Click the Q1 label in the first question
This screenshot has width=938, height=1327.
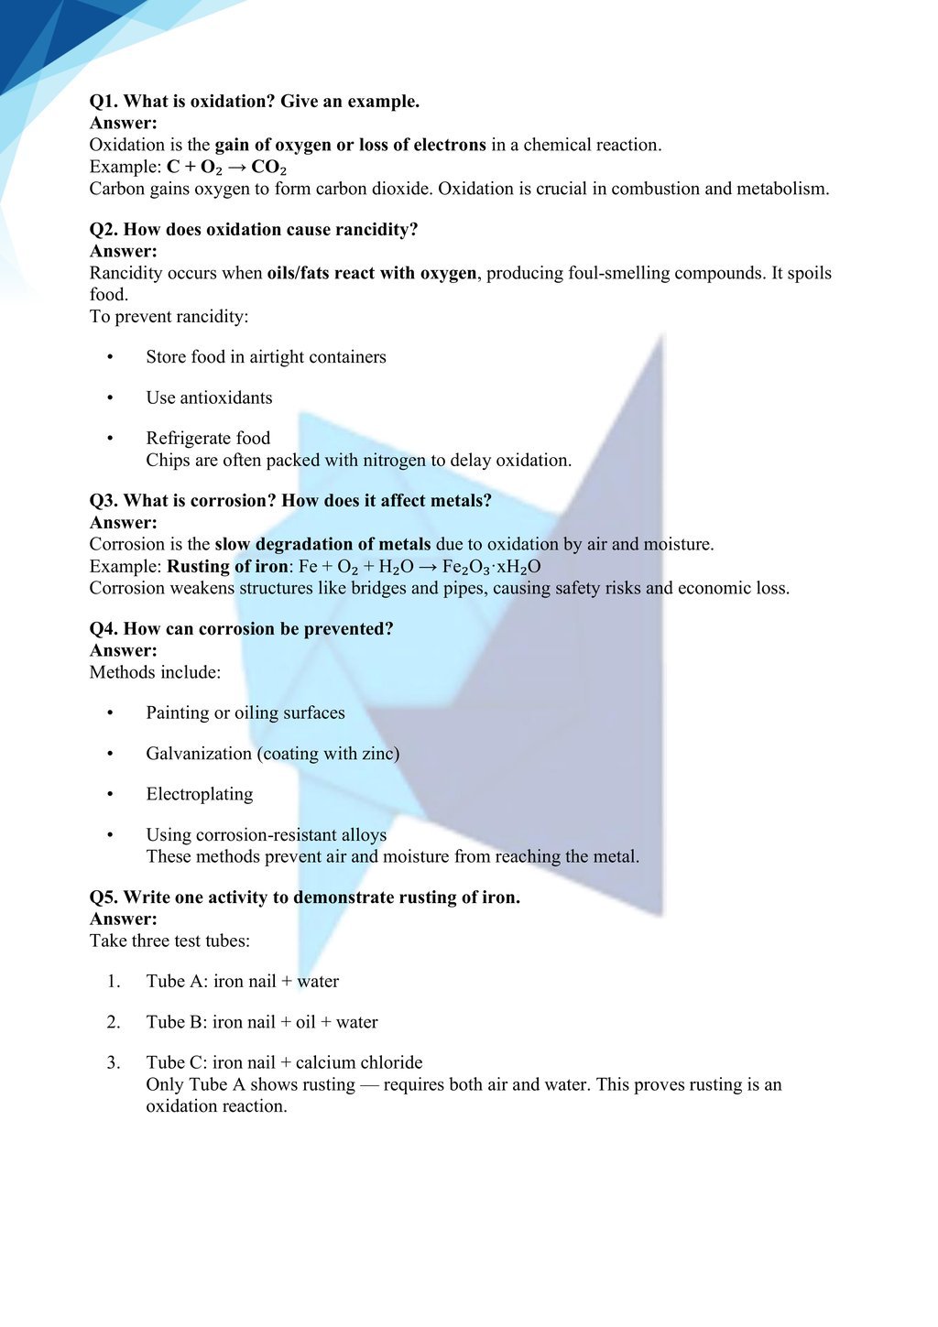[104, 102]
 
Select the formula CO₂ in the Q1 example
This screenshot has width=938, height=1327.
[268, 168]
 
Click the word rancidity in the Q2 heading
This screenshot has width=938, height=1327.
[376, 230]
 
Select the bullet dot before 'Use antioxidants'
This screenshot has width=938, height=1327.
[110, 398]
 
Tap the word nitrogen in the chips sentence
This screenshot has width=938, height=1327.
[394, 461]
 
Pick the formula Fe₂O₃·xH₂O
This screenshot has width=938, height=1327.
[492, 567]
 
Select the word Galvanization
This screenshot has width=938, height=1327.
[199, 754]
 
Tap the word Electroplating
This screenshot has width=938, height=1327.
[200, 794]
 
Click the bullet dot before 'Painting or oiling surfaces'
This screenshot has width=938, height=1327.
[110, 713]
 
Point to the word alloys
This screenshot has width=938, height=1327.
[364, 835]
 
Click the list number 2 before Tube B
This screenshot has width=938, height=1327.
[114, 1022]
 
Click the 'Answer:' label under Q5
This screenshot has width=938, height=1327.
[124, 919]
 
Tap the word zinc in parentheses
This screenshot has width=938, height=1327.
[379, 754]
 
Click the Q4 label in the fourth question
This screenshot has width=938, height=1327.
[104, 629]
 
